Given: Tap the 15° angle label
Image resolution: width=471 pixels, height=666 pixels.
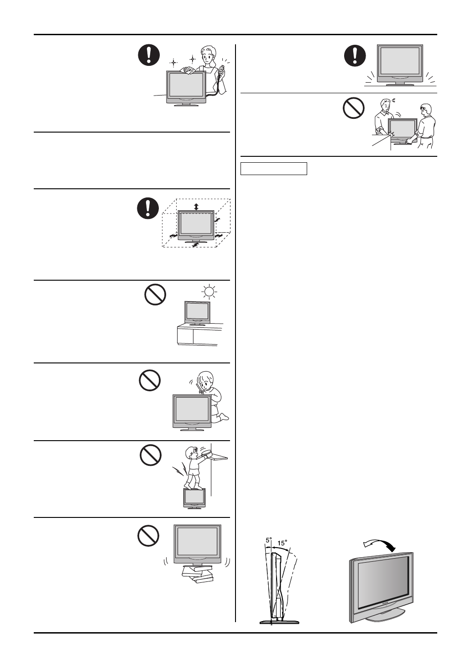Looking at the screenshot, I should (283, 543).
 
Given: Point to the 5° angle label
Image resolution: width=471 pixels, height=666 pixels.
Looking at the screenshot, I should (269, 540).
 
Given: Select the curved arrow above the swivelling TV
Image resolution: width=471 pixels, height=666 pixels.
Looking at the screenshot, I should (378, 544).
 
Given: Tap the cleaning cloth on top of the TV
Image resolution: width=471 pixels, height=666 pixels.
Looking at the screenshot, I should (188, 70).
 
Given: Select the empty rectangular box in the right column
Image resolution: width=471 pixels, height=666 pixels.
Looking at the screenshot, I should (274, 169).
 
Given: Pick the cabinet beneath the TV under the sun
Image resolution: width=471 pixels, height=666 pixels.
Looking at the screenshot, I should (199, 335).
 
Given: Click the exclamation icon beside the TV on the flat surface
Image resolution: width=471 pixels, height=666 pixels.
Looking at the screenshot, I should (355, 55).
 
